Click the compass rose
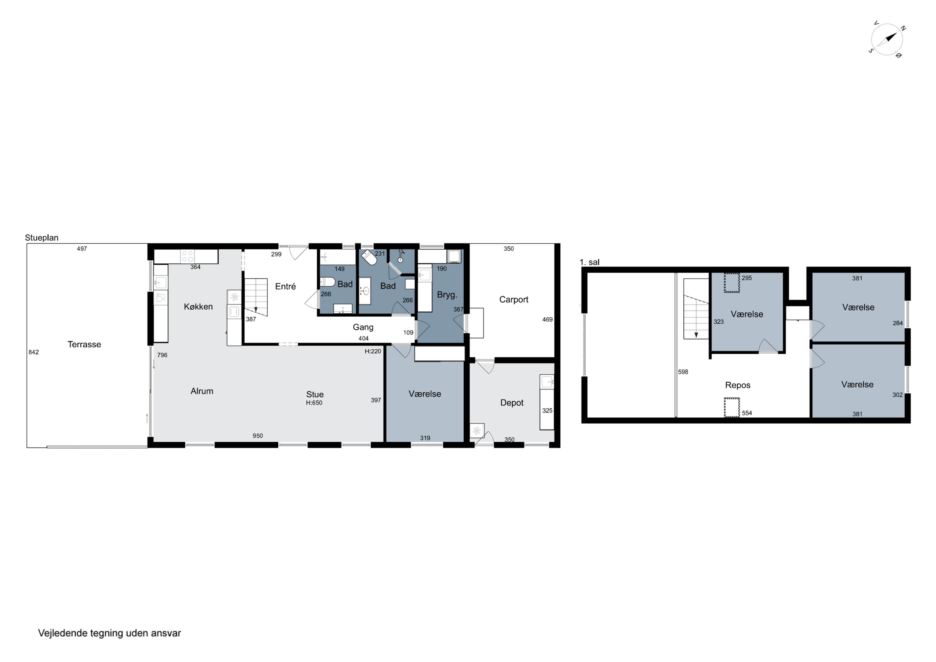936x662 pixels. [887, 40]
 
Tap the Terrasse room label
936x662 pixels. [84, 344]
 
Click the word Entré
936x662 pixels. [285, 286]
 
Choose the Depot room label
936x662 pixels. [512, 403]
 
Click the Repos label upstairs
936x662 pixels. [738, 385]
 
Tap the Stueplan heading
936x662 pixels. [41, 238]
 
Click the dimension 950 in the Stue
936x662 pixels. [258, 436]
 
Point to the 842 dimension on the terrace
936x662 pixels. [33, 352]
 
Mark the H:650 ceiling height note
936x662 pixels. [314, 403]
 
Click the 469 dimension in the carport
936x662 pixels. [548, 319]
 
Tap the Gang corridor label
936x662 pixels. [363, 327]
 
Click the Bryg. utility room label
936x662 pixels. [447, 295]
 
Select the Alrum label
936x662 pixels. [202, 391]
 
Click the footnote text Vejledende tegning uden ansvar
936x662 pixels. [109, 633]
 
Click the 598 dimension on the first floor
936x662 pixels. [683, 372]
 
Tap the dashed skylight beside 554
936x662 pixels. [732, 408]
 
